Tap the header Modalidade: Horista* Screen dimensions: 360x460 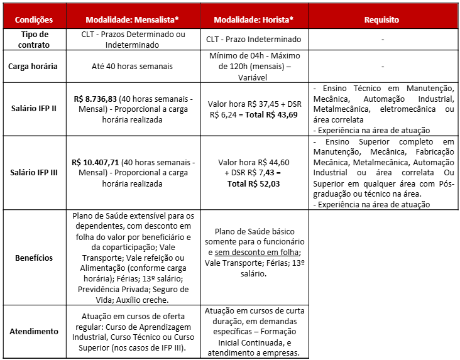click(x=254, y=20)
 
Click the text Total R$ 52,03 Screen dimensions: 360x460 click(x=253, y=183)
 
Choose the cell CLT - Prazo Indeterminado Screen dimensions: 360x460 click(x=253, y=39)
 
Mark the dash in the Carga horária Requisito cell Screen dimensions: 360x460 click(x=382, y=66)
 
